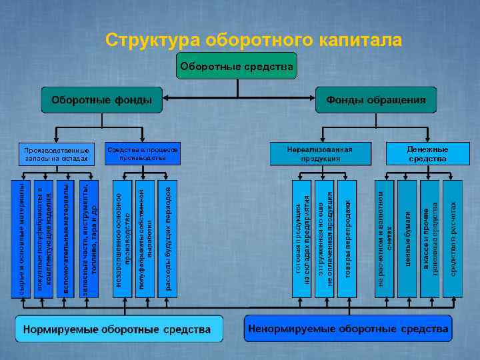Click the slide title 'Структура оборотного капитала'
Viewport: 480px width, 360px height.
254,41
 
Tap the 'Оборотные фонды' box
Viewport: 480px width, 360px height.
101,100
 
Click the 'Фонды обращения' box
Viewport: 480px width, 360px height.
375,100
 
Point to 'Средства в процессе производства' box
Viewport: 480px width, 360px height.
143,154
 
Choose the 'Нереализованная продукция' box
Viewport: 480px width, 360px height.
320,154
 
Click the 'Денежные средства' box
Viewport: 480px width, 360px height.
427,154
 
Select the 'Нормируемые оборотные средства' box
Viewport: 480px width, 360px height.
117,329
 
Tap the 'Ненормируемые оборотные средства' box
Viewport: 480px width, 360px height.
347,329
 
